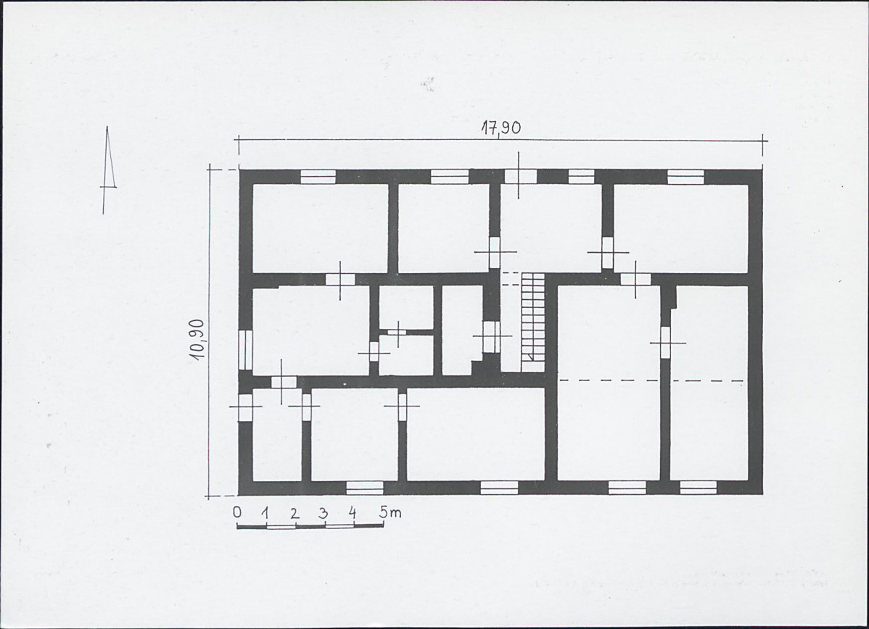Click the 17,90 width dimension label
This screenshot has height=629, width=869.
(x=501, y=128)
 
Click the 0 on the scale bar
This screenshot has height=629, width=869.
(x=237, y=512)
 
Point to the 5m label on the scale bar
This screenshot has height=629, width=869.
(x=390, y=513)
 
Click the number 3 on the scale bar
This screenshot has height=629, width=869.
(x=323, y=512)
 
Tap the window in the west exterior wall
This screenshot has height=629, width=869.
(x=245, y=349)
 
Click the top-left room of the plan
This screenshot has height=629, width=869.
(x=320, y=228)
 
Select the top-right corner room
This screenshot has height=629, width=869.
(x=681, y=228)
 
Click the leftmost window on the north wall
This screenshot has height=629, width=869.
(x=318, y=176)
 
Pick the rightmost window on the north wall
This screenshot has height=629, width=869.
(x=685, y=176)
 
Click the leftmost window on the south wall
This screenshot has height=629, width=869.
(x=365, y=488)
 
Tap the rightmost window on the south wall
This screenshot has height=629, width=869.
(x=699, y=488)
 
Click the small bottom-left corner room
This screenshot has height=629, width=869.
(x=277, y=435)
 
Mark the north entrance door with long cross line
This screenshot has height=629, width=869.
(x=520, y=176)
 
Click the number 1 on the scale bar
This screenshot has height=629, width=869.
(x=265, y=513)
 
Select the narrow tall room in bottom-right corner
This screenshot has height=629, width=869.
(x=709, y=383)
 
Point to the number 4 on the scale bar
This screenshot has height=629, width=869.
(x=352, y=512)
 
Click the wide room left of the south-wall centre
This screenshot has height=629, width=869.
(x=476, y=434)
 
